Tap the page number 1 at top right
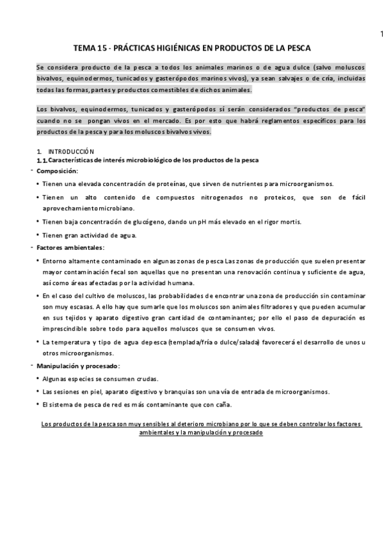coord(380,33)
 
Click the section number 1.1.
coord(42,159)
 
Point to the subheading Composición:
coord(58,171)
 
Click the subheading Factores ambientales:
coord(70,247)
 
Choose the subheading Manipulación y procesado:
coord(78,366)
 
